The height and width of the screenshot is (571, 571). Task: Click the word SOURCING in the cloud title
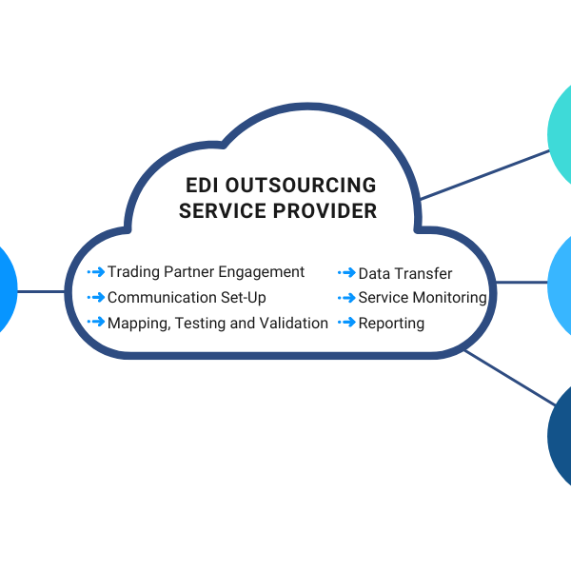(x=322, y=186)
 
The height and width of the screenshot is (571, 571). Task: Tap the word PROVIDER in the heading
(x=325, y=211)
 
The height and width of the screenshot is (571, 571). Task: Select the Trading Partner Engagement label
(x=206, y=272)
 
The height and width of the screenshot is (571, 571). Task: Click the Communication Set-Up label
(x=187, y=298)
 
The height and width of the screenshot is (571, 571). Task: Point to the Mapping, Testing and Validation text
(x=218, y=324)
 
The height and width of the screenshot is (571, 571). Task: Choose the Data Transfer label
(x=405, y=274)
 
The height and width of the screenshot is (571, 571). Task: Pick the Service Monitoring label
(x=423, y=298)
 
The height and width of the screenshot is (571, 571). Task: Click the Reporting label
(x=391, y=324)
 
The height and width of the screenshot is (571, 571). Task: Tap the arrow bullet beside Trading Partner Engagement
(x=95, y=272)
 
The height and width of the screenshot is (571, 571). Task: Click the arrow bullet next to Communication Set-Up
(x=95, y=298)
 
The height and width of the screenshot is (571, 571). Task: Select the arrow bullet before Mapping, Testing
(x=95, y=323)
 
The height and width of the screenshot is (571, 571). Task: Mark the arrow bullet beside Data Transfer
(x=346, y=273)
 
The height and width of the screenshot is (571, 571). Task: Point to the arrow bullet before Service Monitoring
(x=346, y=298)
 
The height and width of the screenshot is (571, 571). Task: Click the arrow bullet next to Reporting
(x=346, y=324)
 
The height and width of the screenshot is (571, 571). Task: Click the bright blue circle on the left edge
(x=5, y=290)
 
